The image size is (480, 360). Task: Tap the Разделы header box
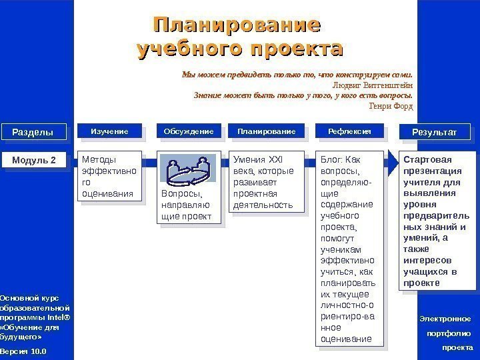pos(32,133)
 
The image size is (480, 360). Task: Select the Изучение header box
pos(109,132)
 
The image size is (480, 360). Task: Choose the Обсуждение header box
pos(189,132)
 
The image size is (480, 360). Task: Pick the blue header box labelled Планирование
pos(266,132)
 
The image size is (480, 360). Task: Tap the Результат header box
pos(434,133)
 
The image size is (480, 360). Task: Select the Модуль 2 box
pos(34,161)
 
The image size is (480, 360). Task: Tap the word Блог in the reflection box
pos(329,160)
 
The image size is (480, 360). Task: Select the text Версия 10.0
pos(23,351)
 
